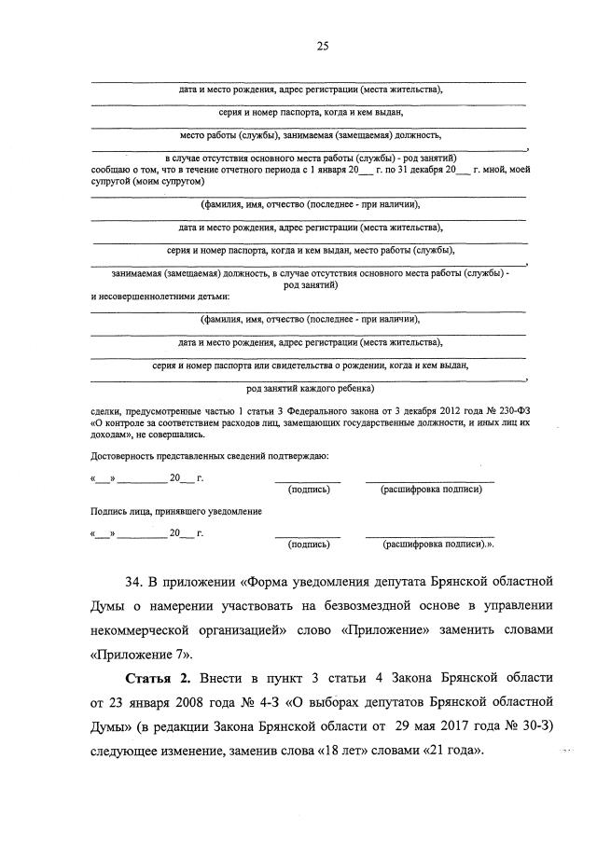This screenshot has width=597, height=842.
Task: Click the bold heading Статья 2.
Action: pyautogui.click(x=148, y=674)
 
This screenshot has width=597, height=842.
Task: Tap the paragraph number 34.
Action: pyautogui.click(x=134, y=583)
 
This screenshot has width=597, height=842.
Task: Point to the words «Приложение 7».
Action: pyautogui.click(x=131, y=654)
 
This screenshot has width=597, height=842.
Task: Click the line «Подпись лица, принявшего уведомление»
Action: pyautogui.click(x=175, y=512)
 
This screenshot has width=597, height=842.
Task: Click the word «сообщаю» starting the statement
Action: pyautogui.click(x=110, y=169)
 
